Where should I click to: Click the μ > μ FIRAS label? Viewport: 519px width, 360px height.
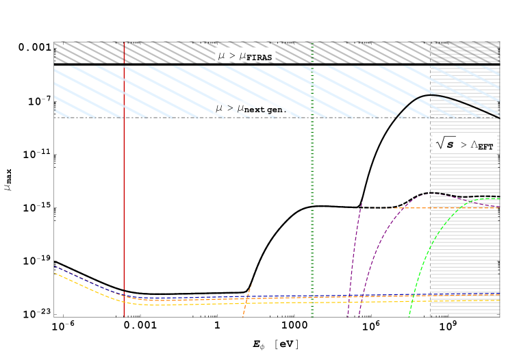pos(245,55)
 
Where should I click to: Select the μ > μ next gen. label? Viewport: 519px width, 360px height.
pos(252,108)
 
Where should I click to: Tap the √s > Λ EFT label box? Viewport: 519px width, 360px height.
pos(464,143)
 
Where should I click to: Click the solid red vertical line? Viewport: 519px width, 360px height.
pos(124,205)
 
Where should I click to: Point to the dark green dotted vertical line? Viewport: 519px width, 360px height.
pos(312,205)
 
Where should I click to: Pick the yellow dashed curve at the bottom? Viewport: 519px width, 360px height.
pos(205,304)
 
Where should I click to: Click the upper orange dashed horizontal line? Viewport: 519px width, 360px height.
pos(466,207)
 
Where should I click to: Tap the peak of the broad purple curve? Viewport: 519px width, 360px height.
pos(430,194)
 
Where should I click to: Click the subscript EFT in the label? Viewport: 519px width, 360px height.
pos(485,146)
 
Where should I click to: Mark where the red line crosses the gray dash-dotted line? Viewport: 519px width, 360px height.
pos(124,118)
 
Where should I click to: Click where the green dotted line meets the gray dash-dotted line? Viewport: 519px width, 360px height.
pos(312,118)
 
